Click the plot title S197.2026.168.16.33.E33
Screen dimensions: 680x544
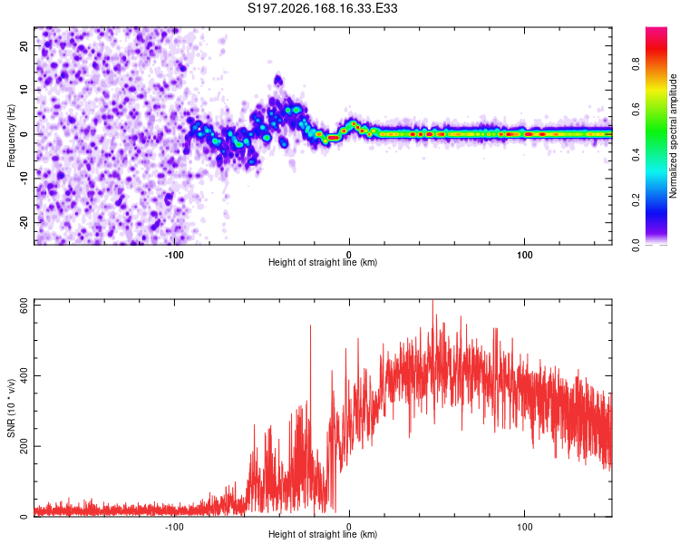coord(322,8)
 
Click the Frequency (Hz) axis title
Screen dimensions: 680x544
coord(11,135)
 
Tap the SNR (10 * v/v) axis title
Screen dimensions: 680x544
coord(11,408)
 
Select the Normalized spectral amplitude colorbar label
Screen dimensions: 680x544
coord(673,136)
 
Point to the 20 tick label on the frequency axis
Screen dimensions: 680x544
coord(24,46)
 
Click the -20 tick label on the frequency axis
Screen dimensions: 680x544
coord(24,222)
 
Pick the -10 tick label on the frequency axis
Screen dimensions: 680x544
coord(24,179)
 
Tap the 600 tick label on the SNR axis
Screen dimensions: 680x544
coord(24,307)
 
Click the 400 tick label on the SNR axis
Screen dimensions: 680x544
coord(24,375)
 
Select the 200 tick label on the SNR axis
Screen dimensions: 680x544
coord(24,446)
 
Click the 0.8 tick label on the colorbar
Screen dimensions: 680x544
coord(636,64)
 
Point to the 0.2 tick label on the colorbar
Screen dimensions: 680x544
coord(636,200)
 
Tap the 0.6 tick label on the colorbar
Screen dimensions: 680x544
coord(636,110)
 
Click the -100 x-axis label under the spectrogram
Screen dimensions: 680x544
coord(174,255)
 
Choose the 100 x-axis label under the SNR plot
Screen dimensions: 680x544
coord(525,527)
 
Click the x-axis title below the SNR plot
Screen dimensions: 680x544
coord(323,534)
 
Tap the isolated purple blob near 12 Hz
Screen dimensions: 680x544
coord(278,81)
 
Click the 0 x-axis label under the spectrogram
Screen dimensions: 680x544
coord(349,255)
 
